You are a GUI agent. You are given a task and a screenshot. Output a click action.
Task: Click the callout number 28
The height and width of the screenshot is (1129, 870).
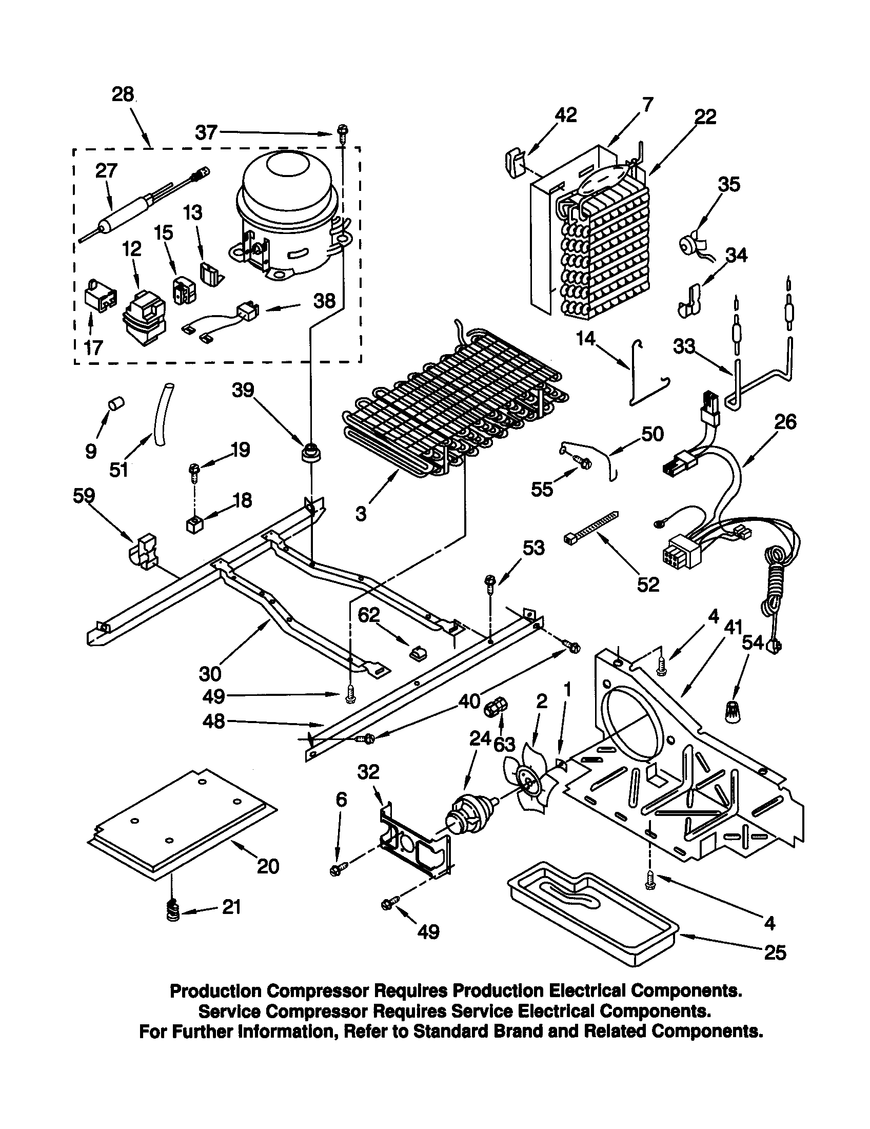pyautogui.click(x=123, y=95)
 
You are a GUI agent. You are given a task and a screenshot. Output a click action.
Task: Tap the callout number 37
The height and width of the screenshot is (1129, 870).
pyautogui.click(x=206, y=132)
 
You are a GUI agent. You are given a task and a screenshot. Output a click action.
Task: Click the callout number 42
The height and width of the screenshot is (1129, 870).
pyautogui.click(x=565, y=115)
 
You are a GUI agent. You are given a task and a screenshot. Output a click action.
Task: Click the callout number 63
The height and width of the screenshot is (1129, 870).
pyautogui.click(x=504, y=745)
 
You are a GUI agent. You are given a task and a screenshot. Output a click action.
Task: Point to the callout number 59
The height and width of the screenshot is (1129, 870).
pyautogui.click(x=84, y=495)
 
